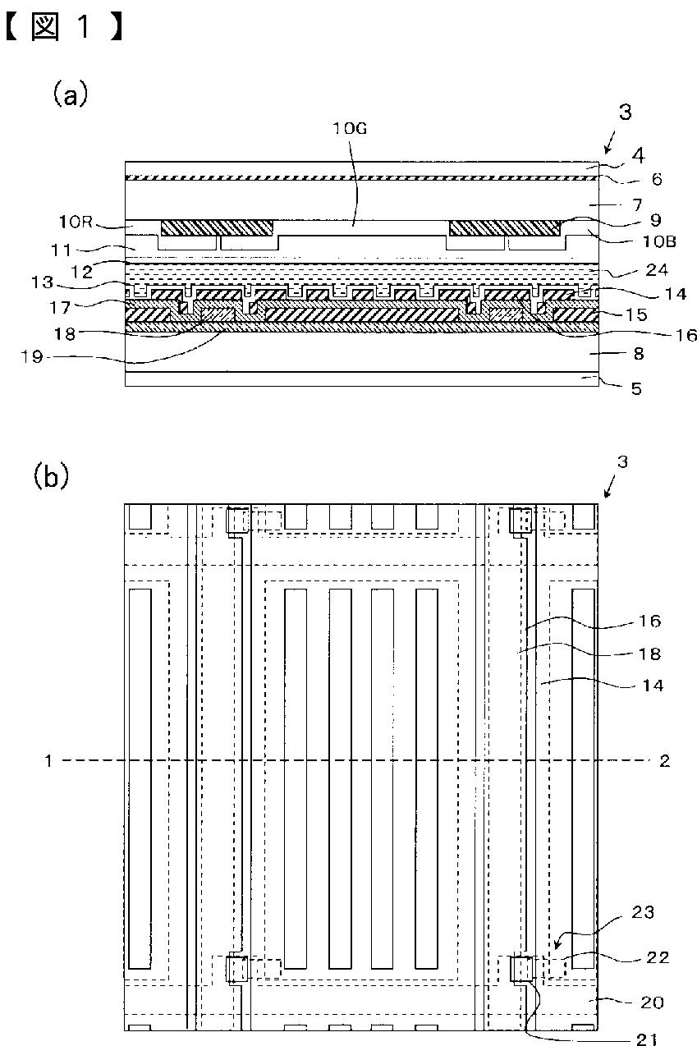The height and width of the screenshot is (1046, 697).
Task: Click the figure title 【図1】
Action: pyautogui.click(x=64, y=26)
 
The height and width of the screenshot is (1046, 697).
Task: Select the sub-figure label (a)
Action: pyautogui.click(x=70, y=94)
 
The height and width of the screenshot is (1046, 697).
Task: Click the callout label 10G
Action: pyautogui.click(x=350, y=128)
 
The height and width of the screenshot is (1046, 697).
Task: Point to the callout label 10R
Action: pyautogui.click(x=76, y=222)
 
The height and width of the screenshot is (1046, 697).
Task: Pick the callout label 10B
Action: pyautogui.click(x=659, y=241)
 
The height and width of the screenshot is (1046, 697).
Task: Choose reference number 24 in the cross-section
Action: pyautogui.click(x=657, y=269)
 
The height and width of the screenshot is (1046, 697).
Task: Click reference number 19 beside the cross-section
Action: pyautogui.click(x=32, y=357)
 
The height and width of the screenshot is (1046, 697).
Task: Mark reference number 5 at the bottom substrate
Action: pyautogui.click(x=636, y=388)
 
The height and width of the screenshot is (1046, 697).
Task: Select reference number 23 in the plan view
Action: pyautogui.click(x=643, y=911)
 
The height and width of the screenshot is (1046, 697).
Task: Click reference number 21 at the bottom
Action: pyautogui.click(x=647, y=1039)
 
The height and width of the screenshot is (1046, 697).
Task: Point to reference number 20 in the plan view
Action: pyautogui.click(x=652, y=1002)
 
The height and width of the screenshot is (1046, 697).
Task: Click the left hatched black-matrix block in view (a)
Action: pyautogui.click(x=217, y=228)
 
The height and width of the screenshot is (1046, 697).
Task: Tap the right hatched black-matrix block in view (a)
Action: pyautogui.click(x=505, y=228)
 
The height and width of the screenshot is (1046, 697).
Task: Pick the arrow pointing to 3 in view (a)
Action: pyautogui.click(x=610, y=142)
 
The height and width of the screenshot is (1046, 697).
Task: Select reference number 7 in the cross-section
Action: pyautogui.click(x=637, y=204)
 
